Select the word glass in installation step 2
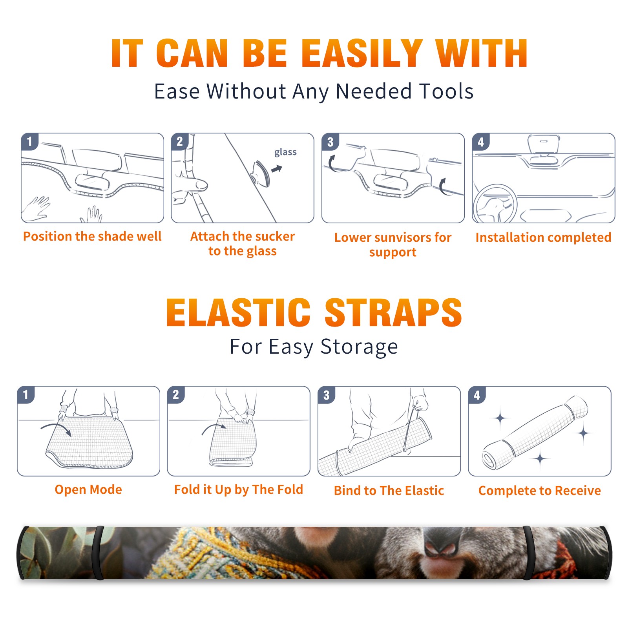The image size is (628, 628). point(285,152)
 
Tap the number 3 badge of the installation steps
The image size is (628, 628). point(330,142)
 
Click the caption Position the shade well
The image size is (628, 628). point(92,236)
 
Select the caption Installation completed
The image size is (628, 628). point(543,237)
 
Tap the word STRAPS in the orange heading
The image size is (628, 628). point(393,312)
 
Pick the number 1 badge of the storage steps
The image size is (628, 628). point(26,395)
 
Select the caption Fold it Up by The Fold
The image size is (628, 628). point(239,489)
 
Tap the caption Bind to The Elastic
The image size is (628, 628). point(389,490)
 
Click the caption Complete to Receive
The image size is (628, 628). point(540,490)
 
